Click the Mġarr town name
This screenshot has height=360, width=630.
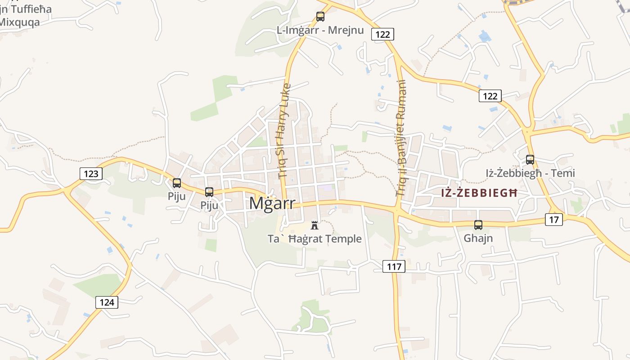click(x=272, y=203)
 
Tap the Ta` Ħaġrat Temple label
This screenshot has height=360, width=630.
click(x=315, y=239)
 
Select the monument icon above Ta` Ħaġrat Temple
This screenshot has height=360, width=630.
click(x=315, y=225)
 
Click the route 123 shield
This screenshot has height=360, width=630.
click(x=91, y=174)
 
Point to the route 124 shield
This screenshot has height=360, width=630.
click(x=107, y=302)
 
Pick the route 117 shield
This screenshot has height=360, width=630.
click(x=394, y=266)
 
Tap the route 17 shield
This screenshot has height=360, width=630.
click(x=554, y=220)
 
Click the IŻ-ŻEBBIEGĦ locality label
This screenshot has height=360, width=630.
click(x=480, y=193)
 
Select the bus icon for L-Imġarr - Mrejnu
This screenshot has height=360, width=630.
click(x=320, y=17)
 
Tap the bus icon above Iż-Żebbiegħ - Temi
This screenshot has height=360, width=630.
click(x=530, y=159)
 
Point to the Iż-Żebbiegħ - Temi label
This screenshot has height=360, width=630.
click(x=530, y=173)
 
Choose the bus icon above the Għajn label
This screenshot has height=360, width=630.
click(x=478, y=225)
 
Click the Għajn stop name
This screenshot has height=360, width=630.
click(x=478, y=238)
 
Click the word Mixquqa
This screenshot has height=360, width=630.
click(x=20, y=22)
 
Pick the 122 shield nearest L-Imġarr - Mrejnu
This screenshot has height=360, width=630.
click(x=382, y=34)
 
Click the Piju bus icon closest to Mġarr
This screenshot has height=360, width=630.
click(x=209, y=192)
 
